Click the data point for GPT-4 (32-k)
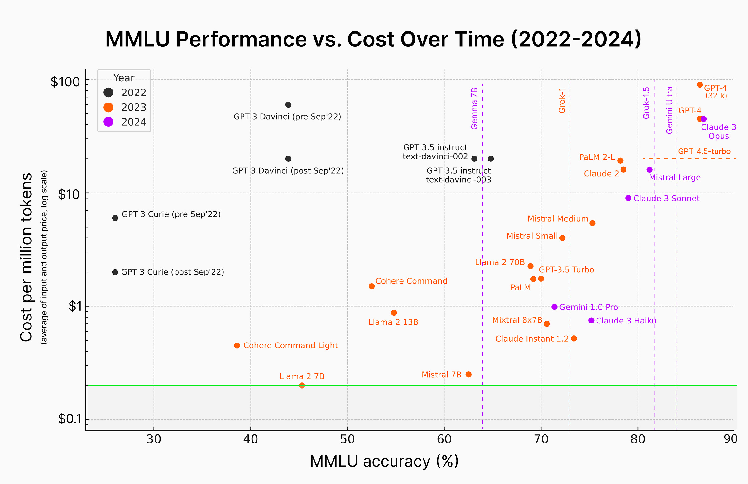click(700, 84)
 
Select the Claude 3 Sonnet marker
click(628, 198)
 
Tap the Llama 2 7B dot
click(302, 385)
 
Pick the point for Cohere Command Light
click(237, 346)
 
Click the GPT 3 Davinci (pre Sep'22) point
click(288, 105)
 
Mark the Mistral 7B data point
click(469, 374)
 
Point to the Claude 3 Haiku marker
click(592, 321)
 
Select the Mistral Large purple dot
click(650, 170)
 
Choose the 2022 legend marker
click(109, 92)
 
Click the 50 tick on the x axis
click(347, 439)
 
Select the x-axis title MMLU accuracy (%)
click(384, 461)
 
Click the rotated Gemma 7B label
click(474, 108)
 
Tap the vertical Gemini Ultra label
click(669, 110)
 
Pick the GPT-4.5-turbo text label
click(704, 151)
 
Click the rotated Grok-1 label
click(562, 100)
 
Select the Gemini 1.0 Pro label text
click(588, 307)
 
